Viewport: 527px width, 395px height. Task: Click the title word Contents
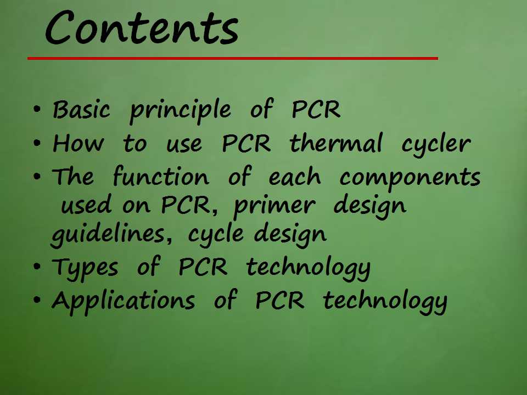pos(142,27)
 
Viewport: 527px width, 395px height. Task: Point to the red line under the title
pos(233,59)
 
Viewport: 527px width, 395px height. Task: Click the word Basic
pos(81,109)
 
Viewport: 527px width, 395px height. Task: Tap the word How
pos(79,143)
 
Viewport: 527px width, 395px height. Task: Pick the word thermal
pos(336,142)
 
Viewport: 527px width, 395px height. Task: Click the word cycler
pos(436,145)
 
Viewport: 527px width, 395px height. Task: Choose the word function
pos(161,176)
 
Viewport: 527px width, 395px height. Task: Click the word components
pos(410,179)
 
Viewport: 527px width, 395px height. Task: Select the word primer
pos(274,206)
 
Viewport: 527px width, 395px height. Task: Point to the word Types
pos(85,268)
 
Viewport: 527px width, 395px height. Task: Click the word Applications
pos(123,301)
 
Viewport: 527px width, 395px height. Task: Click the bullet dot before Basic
pos(37,109)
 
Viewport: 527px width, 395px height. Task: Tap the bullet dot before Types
pos(37,266)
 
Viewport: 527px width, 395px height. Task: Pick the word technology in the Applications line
pos(385,302)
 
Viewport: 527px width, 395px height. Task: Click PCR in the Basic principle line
pos(316,109)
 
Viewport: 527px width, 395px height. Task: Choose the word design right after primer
pos(369,206)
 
